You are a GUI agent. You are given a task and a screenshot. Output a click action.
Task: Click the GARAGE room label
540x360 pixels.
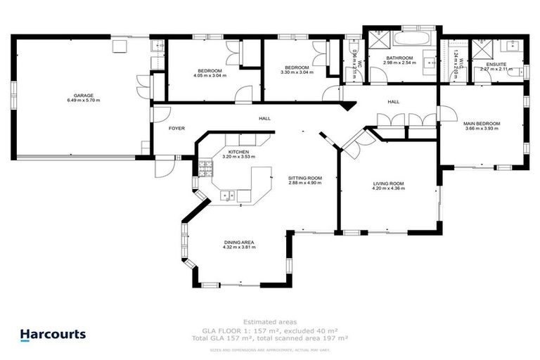84,96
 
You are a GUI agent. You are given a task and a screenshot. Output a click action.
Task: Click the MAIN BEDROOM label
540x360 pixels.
481,124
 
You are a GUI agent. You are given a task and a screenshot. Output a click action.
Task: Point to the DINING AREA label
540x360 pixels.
238,243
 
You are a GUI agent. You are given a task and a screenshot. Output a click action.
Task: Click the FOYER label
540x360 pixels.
176,129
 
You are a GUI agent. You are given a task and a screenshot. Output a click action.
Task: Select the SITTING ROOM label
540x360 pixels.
305,179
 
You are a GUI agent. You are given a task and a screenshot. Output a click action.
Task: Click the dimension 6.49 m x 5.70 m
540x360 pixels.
84,101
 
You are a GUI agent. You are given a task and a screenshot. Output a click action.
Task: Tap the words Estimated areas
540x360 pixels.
270,321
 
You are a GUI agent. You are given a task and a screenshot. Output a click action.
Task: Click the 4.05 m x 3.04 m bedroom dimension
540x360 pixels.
210,77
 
